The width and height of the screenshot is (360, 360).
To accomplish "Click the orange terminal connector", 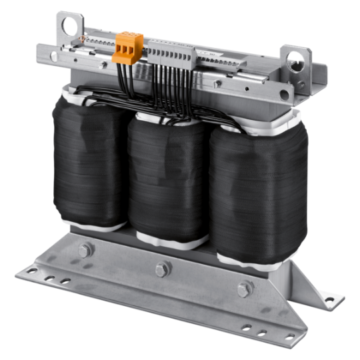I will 125,47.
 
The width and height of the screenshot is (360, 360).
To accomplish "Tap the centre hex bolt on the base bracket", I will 160,268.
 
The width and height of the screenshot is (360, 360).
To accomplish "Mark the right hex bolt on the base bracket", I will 244,288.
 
